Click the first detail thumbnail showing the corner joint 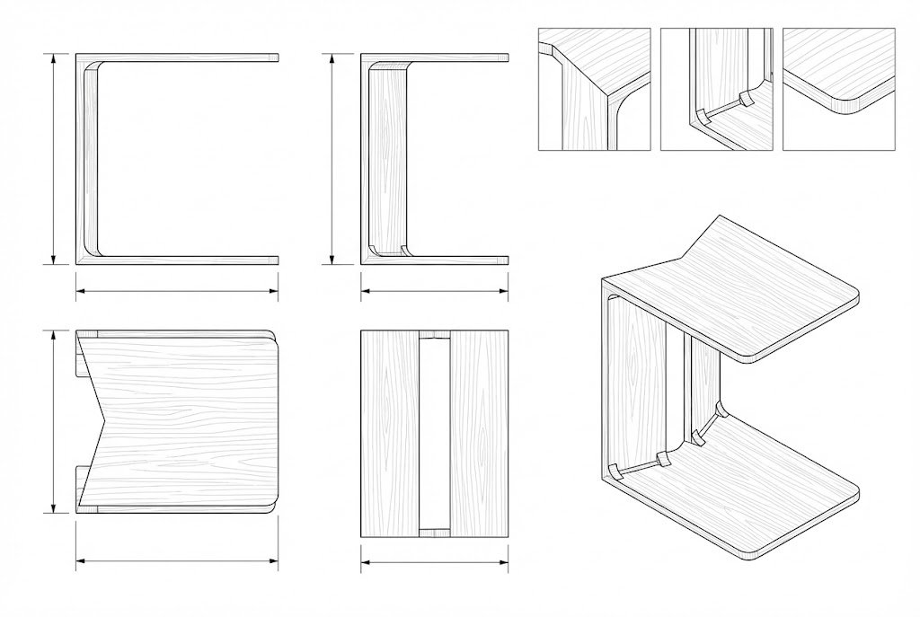pyautogui.click(x=594, y=88)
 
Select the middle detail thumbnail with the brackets pyautogui.click(x=716, y=88)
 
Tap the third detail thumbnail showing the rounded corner pyautogui.click(x=839, y=88)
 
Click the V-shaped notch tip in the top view pyautogui.click(x=107, y=420)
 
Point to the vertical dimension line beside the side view pyautogui.click(x=54, y=159)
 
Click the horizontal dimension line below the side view pyautogui.click(x=176, y=290)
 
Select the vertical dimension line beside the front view pyautogui.click(x=333, y=159)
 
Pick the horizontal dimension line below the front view pyautogui.click(x=434, y=290)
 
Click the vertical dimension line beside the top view pyautogui.click(x=54, y=420)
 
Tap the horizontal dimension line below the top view pyautogui.click(x=176, y=561)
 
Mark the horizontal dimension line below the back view pyautogui.click(x=434, y=565)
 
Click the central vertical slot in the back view pyautogui.click(x=434, y=434)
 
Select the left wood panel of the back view pyautogui.click(x=389, y=434)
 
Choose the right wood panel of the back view pyautogui.click(x=478, y=434)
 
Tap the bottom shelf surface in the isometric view pyautogui.click(x=746, y=485)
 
